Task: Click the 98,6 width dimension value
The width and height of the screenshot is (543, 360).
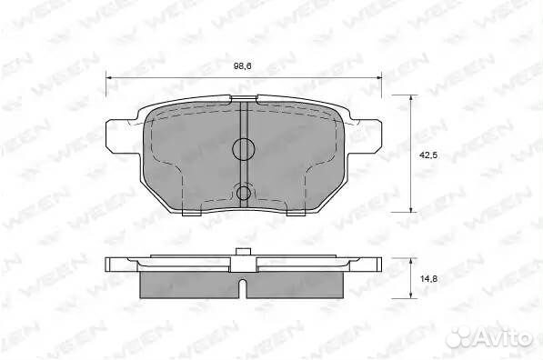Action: coord(242,65)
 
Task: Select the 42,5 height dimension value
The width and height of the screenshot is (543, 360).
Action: coord(428,155)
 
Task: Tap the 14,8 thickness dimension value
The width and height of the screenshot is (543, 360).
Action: coord(428,278)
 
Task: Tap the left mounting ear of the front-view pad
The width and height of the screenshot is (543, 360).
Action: coord(119,136)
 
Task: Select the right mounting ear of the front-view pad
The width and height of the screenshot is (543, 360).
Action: coord(367,136)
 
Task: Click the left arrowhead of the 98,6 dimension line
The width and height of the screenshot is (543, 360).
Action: coord(109,78)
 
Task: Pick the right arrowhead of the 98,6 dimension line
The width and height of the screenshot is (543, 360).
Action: coord(377,78)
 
